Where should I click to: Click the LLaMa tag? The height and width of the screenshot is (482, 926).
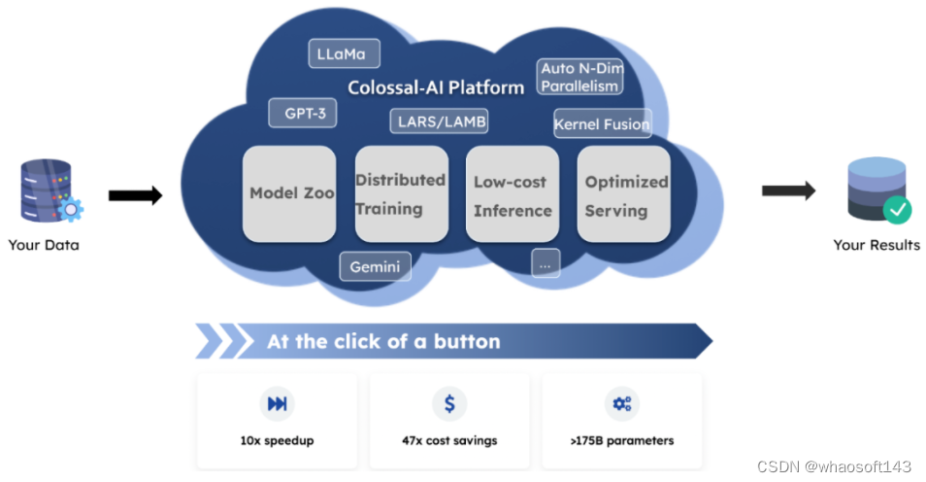[343, 54]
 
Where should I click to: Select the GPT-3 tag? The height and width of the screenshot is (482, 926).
[303, 114]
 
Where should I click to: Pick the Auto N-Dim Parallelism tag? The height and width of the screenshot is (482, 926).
[579, 77]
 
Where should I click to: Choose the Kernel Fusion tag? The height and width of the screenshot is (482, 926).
[602, 124]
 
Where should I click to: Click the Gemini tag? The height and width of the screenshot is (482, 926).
[375, 265]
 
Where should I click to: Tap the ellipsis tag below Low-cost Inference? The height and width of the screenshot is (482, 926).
[546, 262]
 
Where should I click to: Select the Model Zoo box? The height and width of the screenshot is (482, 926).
[289, 193]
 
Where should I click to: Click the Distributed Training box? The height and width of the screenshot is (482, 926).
[401, 193]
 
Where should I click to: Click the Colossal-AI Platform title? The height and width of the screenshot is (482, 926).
[436, 87]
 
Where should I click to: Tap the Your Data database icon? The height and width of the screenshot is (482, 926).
[46, 191]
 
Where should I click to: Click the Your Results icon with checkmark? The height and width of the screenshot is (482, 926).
[876, 190]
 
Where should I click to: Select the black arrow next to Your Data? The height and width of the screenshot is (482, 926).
[135, 196]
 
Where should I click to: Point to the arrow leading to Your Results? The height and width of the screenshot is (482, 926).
[787, 189]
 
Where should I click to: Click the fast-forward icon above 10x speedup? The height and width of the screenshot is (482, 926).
[277, 404]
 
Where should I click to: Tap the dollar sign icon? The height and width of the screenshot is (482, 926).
[449, 404]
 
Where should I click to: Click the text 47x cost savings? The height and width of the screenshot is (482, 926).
[449, 440]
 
